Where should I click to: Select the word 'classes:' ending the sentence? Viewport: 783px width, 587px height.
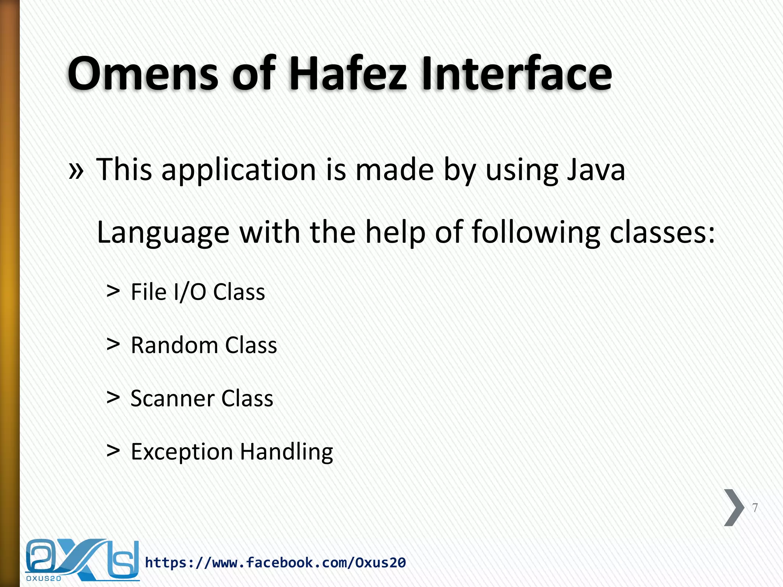(662, 233)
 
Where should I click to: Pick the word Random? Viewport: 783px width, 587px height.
(174, 345)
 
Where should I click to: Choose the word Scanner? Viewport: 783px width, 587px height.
(172, 399)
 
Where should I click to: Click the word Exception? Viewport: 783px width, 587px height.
(182, 452)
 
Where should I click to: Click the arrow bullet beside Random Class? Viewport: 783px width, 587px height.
(113, 345)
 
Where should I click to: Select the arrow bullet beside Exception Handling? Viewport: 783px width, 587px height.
(113, 451)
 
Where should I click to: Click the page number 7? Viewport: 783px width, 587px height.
(755, 508)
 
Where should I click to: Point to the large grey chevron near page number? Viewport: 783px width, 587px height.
(734, 508)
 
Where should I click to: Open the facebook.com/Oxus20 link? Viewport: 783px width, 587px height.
(275, 563)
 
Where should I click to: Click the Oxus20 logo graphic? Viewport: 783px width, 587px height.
(82, 558)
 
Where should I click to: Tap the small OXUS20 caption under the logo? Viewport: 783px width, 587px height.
(44, 579)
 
